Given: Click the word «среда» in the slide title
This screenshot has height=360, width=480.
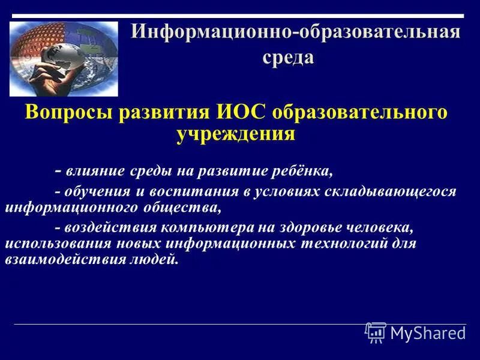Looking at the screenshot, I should point(287,58).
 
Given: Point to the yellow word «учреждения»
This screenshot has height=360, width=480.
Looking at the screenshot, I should point(236,133).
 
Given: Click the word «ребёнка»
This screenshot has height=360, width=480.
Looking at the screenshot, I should point(304,171).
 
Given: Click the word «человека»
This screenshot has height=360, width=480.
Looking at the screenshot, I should point(375,228).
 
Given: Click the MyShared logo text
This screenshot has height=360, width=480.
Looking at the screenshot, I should point(427,333).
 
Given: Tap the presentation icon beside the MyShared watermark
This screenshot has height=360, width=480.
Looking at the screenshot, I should point(376,332).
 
